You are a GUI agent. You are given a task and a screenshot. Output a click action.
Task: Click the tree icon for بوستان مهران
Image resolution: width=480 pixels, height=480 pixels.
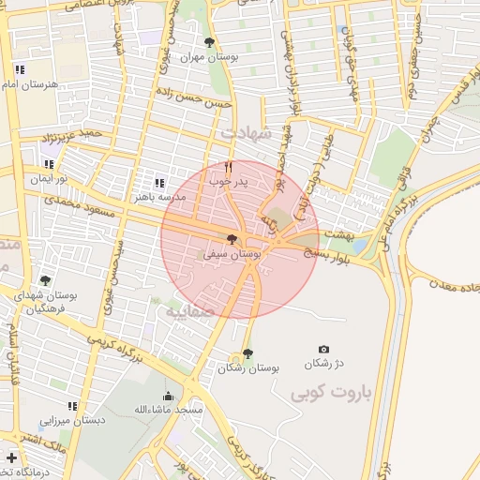point(208,42)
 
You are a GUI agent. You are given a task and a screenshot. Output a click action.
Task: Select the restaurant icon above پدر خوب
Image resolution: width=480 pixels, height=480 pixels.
point(228,167)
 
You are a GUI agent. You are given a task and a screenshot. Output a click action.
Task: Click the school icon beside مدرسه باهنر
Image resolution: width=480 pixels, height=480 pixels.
point(158,183)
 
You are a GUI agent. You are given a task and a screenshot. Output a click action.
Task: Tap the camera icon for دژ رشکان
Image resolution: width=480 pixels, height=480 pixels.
point(324,349)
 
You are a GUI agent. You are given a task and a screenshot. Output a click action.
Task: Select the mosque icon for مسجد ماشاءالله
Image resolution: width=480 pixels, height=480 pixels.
point(168,396)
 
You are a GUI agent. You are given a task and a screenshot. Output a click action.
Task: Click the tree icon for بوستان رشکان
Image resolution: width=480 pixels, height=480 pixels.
point(247,353)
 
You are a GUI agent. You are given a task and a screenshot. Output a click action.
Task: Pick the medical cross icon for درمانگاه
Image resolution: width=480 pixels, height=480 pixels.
point(11,458)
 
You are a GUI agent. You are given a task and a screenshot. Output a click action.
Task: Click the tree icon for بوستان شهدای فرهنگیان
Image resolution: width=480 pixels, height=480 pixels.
point(44,280)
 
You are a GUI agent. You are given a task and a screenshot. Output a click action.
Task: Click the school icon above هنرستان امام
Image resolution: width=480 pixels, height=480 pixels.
point(20,69)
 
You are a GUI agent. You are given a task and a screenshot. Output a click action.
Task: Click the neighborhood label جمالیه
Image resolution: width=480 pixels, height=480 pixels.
point(190,310)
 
